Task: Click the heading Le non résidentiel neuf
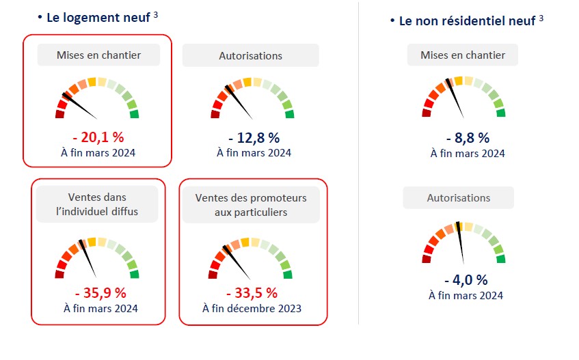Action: pyautogui.click(x=466, y=21)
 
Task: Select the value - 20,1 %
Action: pyautogui.click(x=98, y=137)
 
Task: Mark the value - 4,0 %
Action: pyautogui.click(x=466, y=279)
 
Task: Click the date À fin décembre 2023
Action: pyautogui.click(x=252, y=308)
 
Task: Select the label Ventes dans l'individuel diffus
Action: pyautogui.click(x=97, y=204)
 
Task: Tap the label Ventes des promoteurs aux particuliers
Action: pyautogui.click(x=251, y=205)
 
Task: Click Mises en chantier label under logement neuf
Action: pyautogui.click(x=98, y=55)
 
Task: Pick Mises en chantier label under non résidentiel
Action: pyautogui.click(x=463, y=55)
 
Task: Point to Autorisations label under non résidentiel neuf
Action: pyautogui.click(x=459, y=197)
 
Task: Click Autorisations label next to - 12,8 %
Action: pyautogui.click(x=250, y=55)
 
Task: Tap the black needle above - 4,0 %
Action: pyautogui.click(x=461, y=243)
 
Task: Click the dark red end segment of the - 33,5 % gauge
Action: pyautogui.click(x=213, y=275)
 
